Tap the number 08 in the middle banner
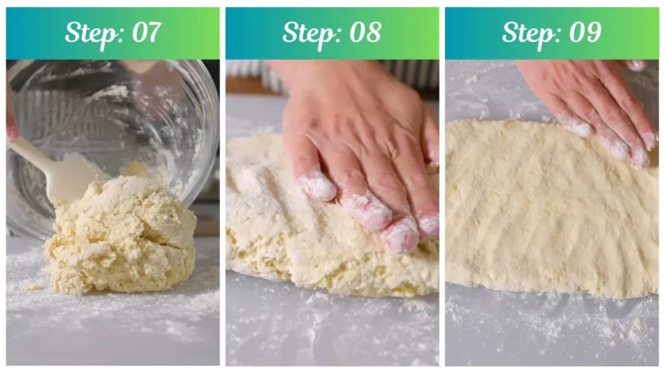pos(364,32)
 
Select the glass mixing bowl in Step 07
pos(130,110)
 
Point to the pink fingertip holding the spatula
pos(12,130)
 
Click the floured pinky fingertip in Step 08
pos(318,186)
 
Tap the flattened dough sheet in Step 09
pos(546,214)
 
